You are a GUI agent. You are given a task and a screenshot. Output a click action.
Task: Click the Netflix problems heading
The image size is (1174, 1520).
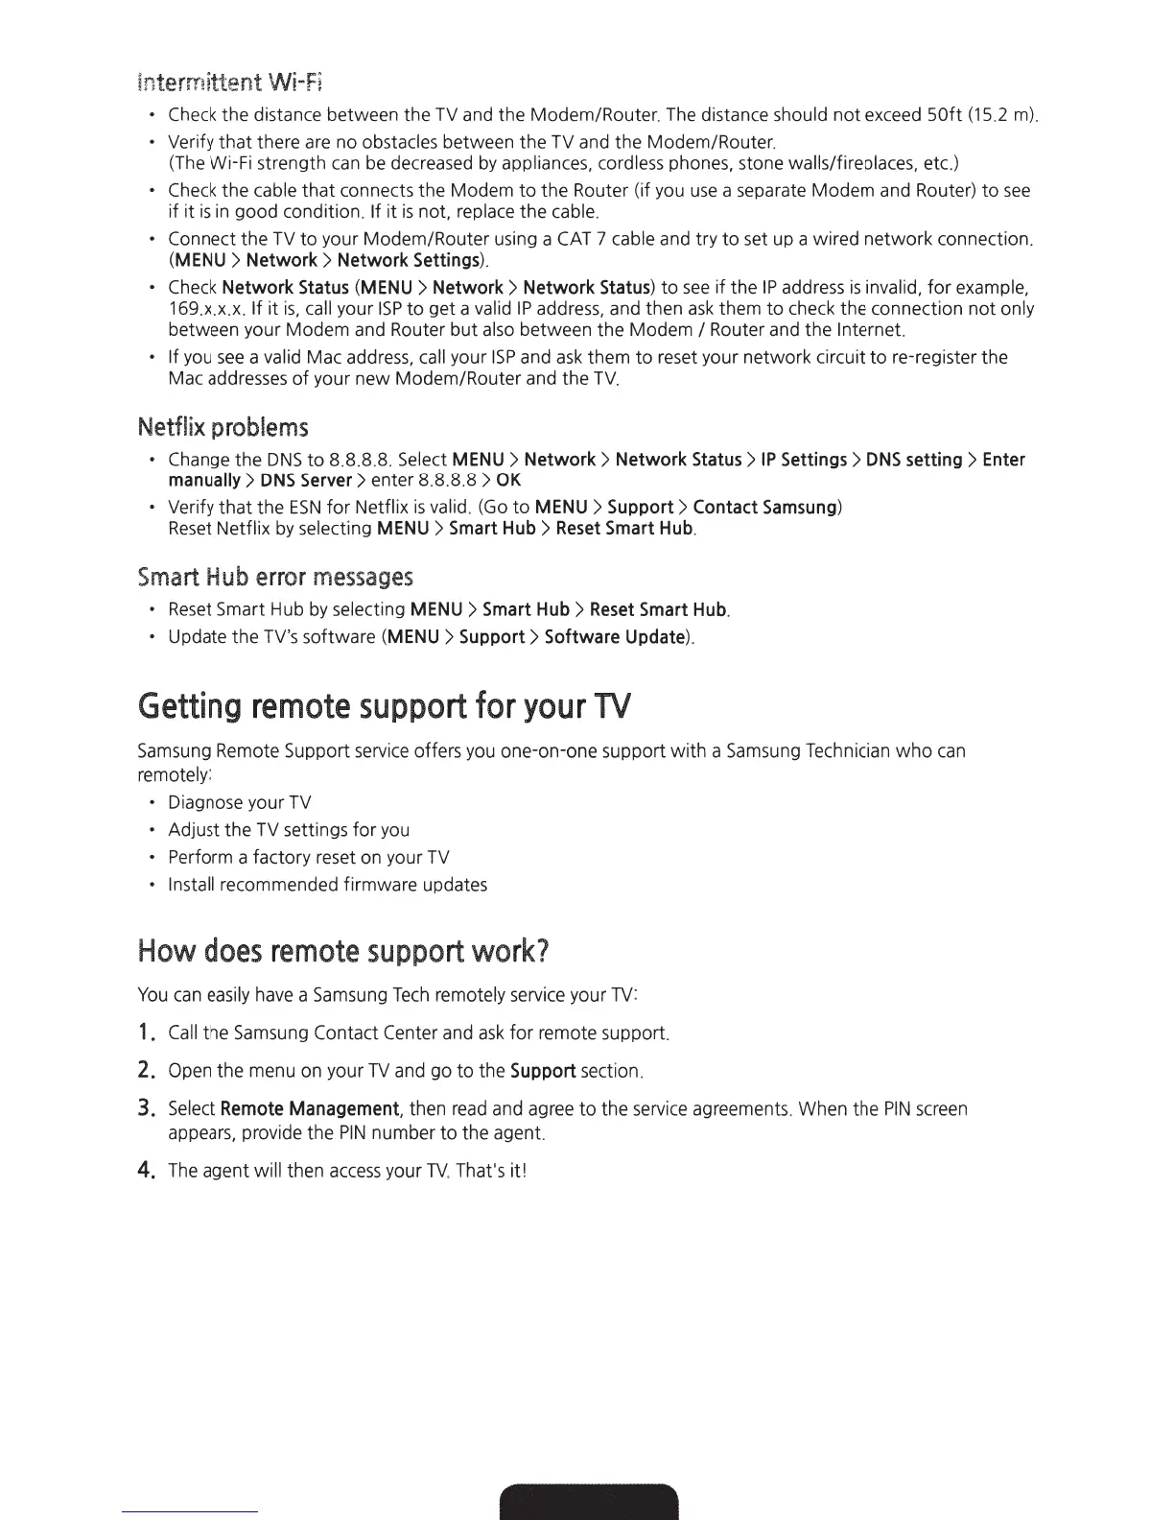point(223,426)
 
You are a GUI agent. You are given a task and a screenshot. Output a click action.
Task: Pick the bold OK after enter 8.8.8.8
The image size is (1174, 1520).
point(509,480)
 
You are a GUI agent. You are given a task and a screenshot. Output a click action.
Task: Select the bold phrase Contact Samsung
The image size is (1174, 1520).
point(764,507)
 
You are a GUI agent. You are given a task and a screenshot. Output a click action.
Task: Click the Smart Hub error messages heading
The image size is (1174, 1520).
point(275,577)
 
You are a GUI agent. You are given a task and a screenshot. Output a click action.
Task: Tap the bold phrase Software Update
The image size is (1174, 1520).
point(615,637)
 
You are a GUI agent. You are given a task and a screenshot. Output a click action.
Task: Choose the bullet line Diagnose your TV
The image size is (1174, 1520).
point(240,802)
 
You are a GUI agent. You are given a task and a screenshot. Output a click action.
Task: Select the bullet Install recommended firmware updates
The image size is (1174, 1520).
point(327,884)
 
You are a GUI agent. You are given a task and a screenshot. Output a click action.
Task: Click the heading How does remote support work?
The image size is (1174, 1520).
point(343,951)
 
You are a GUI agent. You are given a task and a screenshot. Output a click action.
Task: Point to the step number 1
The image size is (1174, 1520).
point(147,1033)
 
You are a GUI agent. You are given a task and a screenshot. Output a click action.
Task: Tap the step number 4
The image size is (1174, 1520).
point(147,1171)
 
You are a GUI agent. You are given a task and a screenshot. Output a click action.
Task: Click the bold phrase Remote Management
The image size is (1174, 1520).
point(310,1109)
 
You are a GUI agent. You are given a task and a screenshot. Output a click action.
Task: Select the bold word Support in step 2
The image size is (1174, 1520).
point(543,1070)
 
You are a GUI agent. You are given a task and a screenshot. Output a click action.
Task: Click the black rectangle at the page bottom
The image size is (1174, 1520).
point(589,1501)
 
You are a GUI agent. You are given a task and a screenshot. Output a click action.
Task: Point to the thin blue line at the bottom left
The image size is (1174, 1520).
point(191,1512)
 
